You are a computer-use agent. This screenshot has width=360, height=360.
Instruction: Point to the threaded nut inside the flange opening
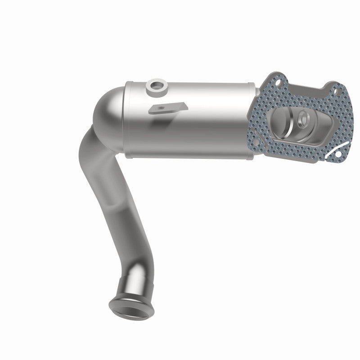coord(303,119)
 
